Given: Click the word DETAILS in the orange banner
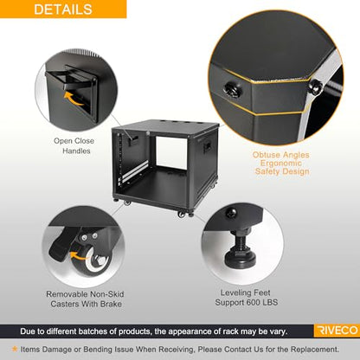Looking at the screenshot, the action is click(x=63, y=9).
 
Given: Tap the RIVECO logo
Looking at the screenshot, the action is click(x=337, y=331).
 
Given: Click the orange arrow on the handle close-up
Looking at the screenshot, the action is click(x=74, y=98).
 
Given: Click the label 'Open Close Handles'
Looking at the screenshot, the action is click(x=74, y=145).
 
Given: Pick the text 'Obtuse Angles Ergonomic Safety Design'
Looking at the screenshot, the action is click(x=281, y=163).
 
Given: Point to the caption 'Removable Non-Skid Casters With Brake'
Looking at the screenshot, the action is click(x=85, y=299).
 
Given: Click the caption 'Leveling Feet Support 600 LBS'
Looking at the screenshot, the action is click(x=246, y=298).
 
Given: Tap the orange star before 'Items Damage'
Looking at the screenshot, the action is click(x=15, y=349).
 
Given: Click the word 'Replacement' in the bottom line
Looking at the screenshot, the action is click(x=314, y=350).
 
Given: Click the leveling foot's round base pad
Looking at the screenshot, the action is click(x=240, y=260).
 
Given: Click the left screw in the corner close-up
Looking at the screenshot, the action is click(x=234, y=89).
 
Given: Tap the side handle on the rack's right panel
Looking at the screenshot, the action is click(x=207, y=147).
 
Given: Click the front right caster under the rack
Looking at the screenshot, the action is click(x=182, y=215).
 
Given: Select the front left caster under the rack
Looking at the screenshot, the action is click(x=127, y=202).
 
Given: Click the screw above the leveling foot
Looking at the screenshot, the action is click(x=231, y=213).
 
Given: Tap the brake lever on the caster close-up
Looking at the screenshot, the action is click(x=59, y=247).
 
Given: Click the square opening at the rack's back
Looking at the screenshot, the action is click(x=171, y=152).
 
